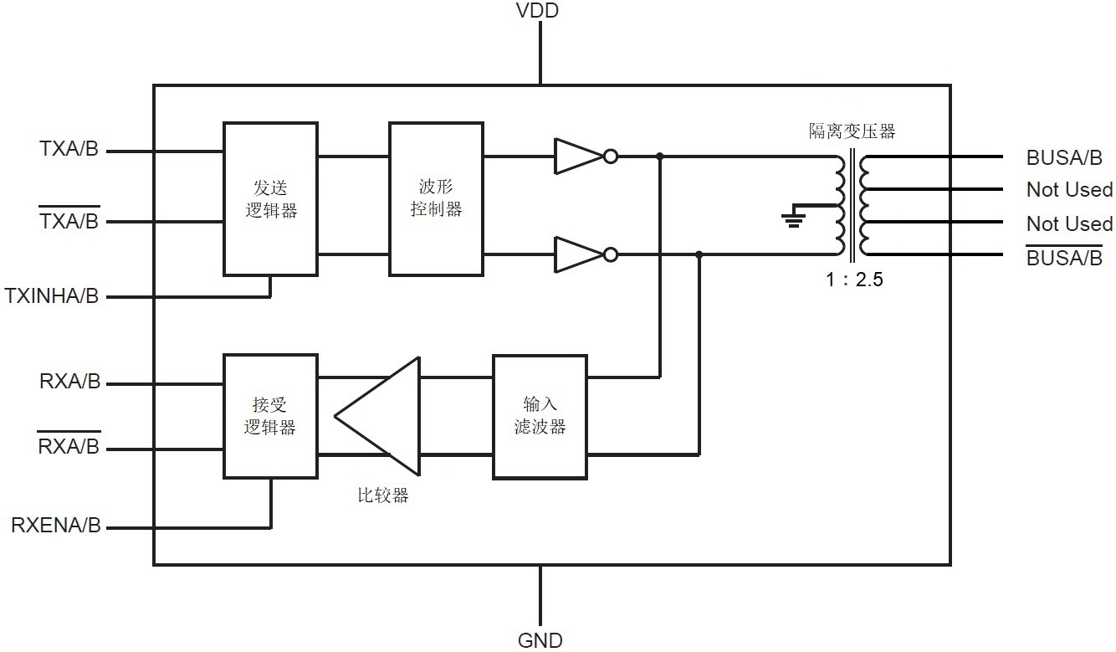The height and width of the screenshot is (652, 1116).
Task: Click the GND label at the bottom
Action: click(x=540, y=640)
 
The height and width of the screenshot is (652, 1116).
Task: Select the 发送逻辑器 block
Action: click(x=270, y=199)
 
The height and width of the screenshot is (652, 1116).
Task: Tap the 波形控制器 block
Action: click(x=436, y=199)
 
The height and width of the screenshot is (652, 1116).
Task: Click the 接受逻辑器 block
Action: click(x=270, y=416)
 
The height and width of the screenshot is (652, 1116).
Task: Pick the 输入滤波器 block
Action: click(x=540, y=416)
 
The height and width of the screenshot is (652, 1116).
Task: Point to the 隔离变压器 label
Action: click(x=852, y=131)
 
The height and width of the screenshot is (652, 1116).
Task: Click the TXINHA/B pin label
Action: click(x=52, y=296)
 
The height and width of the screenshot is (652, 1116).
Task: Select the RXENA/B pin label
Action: click(x=55, y=526)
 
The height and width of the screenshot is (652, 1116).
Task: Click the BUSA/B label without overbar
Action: click(x=1064, y=157)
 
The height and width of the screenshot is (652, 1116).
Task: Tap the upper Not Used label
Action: click(x=1069, y=190)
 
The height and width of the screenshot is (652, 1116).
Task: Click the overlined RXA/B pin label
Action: click(x=69, y=447)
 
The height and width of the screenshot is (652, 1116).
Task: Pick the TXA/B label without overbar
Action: click(x=69, y=150)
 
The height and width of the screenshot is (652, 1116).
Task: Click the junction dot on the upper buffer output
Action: click(x=660, y=157)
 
